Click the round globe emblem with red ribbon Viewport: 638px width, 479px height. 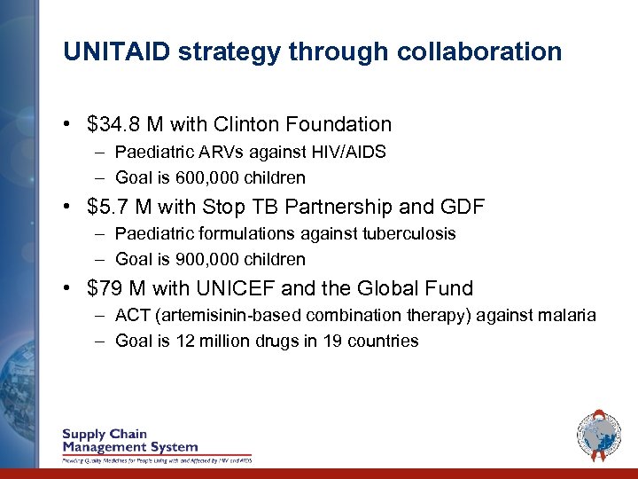point(599,436)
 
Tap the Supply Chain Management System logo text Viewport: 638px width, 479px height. point(129,441)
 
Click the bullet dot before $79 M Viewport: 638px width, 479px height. point(69,289)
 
